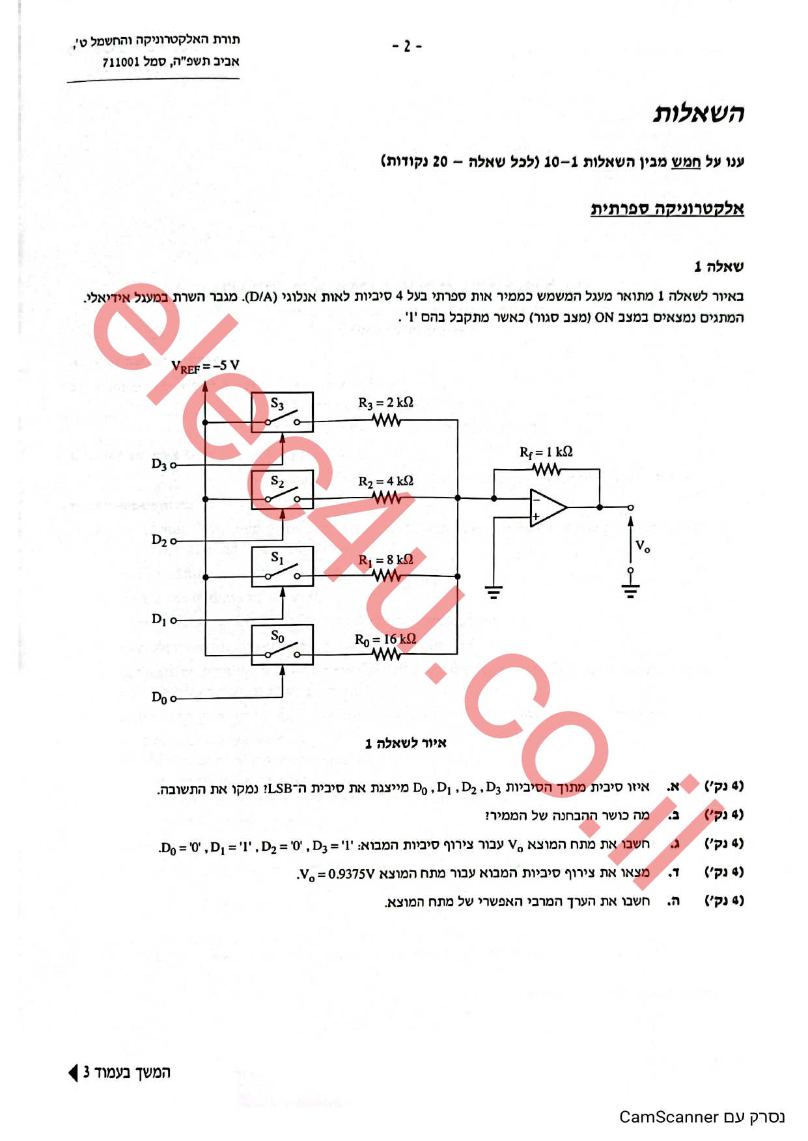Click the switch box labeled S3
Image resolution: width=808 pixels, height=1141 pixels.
click(x=282, y=412)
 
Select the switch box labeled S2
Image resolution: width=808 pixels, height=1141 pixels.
click(x=282, y=489)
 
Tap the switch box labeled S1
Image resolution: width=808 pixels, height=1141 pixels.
click(x=282, y=567)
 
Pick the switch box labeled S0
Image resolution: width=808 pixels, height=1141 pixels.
click(x=282, y=645)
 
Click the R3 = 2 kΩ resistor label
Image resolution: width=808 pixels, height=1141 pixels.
click(x=385, y=403)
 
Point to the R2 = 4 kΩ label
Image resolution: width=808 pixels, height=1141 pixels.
click(x=385, y=481)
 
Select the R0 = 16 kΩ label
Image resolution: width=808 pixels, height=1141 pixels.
click(x=385, y=639)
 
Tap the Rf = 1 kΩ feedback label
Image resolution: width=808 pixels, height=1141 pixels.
click(x=546, y=452)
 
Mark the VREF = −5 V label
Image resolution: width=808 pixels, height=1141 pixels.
click(x=205, y=366)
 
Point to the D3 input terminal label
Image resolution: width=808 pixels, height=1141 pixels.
click(x=160, y=464)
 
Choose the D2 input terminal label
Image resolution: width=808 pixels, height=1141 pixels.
click(x=160, y=540)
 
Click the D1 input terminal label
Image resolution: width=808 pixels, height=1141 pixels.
click(x=160, y=619)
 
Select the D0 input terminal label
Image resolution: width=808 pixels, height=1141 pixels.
click(x=160, y=698)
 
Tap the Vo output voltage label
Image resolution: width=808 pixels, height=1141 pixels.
click(x=643, y=546)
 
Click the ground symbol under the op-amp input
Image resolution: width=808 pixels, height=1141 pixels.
click(x=494, y=592)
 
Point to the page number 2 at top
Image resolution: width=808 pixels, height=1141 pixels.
click(x=407, y=46)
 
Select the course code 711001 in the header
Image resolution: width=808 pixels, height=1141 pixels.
click(x=121, y=62)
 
